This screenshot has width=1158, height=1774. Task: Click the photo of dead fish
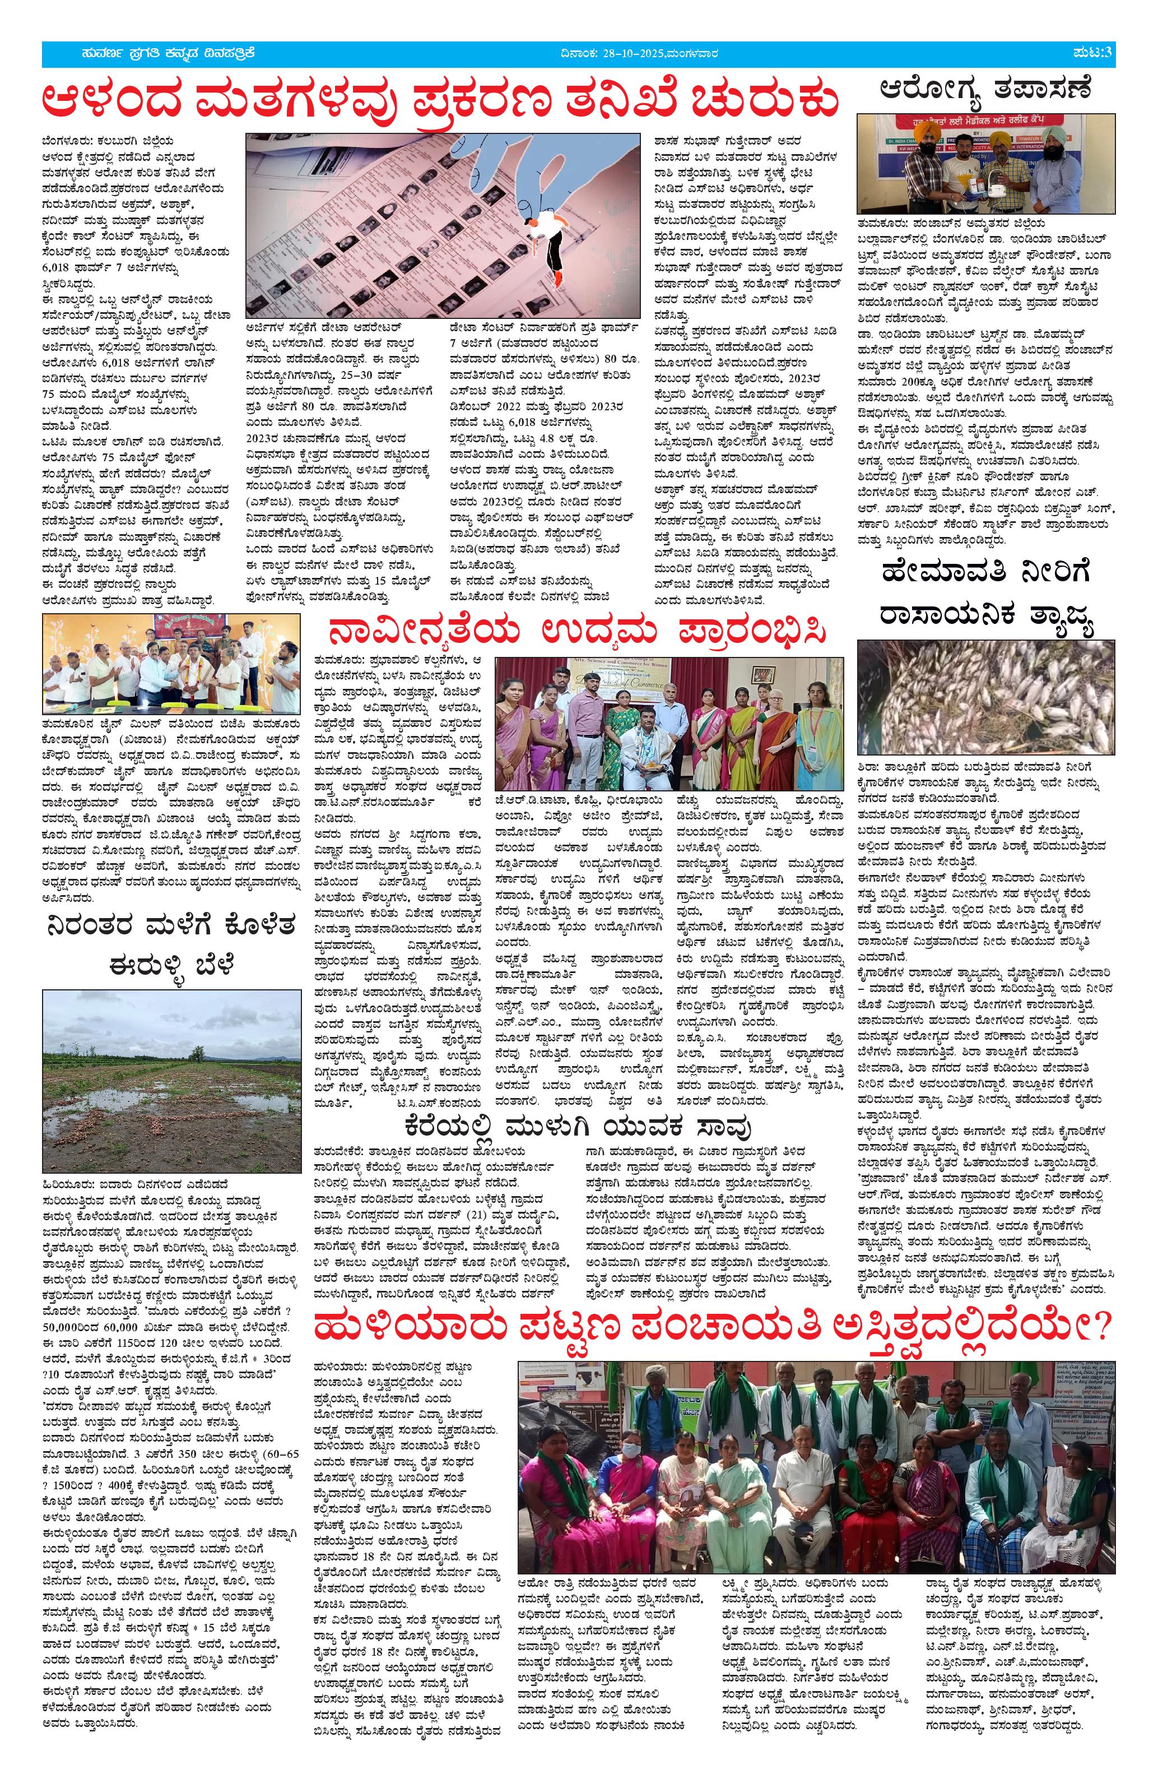tap(986, 697)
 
